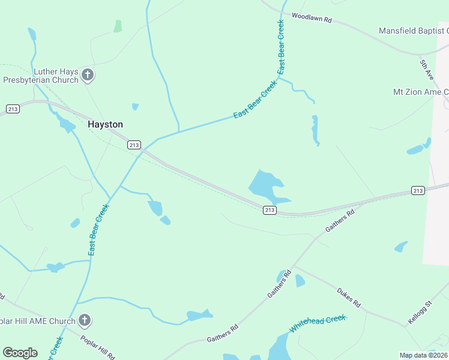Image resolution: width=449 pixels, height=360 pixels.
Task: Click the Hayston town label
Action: tap(105, 124)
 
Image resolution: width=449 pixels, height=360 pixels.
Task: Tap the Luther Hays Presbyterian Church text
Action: tap(41, 75)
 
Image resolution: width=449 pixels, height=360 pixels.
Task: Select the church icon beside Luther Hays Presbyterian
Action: tap(88, 75)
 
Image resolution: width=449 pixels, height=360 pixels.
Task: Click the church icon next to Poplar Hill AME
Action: tap(85, 320)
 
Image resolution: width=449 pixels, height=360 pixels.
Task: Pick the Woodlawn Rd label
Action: tap(312, 19)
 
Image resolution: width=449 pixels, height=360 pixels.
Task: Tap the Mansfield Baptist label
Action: tap(413, 31)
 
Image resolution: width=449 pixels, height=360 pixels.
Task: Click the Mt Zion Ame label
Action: tap(420, 92)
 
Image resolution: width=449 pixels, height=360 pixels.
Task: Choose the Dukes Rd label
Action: tap(348, 296)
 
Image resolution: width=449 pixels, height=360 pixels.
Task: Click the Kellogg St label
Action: tap(420, 314)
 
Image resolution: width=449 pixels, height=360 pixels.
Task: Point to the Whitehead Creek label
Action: tap(318, 323)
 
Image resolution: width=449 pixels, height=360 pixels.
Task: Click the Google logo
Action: tap(20, 353)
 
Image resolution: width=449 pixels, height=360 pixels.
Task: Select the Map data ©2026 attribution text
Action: tap(424, 355)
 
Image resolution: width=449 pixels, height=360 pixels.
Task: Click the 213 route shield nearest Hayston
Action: tap(134, 145)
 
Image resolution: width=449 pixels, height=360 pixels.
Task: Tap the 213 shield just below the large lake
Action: tap(270, 209)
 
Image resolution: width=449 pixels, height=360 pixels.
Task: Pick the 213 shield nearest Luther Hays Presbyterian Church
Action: tap(13, 108)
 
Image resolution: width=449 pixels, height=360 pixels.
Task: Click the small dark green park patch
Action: tap(118, 26)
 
